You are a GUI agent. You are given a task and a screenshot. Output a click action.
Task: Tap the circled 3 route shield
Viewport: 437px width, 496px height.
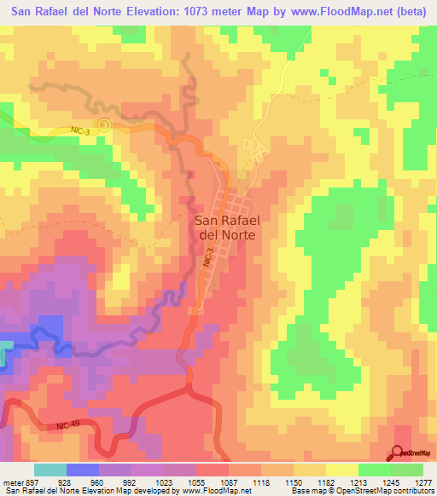click(x=104, y=124)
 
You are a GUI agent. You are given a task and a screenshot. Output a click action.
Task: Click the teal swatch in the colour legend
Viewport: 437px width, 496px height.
click(x=50, y=470)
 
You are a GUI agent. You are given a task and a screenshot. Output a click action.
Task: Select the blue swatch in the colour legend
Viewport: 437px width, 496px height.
click(x=83, y=470)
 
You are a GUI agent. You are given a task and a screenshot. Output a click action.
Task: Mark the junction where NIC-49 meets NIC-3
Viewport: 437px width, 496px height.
click(x=188, y=389)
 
